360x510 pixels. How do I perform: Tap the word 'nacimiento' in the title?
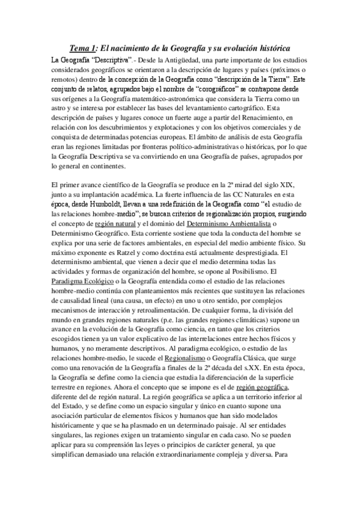coord(132,49)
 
